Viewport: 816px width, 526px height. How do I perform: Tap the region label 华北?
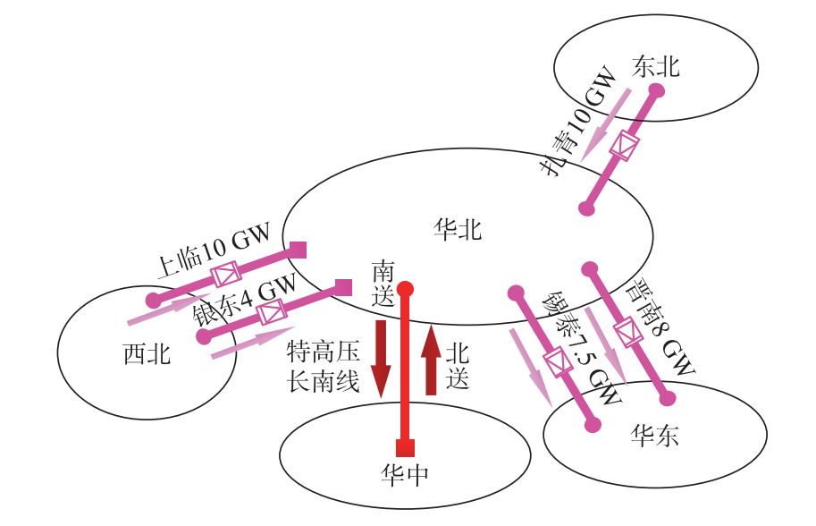pos(457,230)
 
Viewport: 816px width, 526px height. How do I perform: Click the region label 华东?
pos(654,435)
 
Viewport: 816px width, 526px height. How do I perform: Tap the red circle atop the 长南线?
pos(405,289)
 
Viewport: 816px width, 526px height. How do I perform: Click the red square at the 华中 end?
pos(405,448)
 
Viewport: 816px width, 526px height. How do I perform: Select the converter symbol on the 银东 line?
pos(270,313)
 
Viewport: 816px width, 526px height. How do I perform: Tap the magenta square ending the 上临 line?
pos(299,249)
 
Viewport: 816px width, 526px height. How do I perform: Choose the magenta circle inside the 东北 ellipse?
pos(655,90)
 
